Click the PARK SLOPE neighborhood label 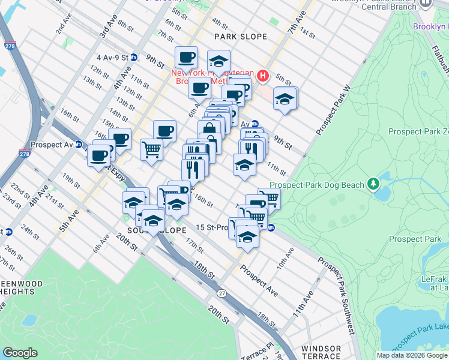(x=240, y=37)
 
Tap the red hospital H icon (x=262, y=76)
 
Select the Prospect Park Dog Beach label (x=317, y=185)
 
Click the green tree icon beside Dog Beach (x=373, y=182)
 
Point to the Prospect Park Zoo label (x=418, y=131)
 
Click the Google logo (x=20, y=353)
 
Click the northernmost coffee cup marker (x=187, y=58)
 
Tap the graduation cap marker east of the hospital (x=285, y=98)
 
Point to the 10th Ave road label (x=285, y=257)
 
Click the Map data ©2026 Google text (x=411, y=355)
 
